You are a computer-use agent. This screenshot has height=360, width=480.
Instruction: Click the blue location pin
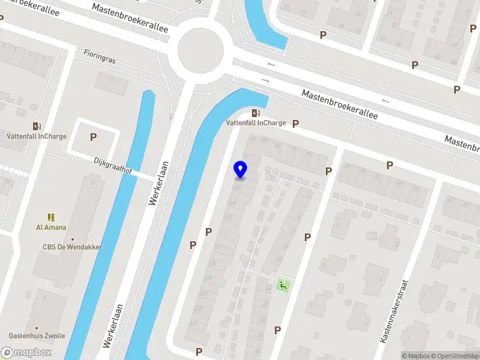(x=240, y=170)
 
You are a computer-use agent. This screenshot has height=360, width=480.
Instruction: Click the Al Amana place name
(x=51, y=227)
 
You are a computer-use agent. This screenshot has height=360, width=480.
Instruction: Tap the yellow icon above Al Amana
(x=51, y=217)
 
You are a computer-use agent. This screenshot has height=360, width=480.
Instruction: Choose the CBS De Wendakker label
(x=72, y=247)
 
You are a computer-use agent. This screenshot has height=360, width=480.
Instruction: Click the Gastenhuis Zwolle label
(x=37, y=336)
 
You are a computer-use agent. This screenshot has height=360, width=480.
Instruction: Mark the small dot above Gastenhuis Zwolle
(x=37, y=328)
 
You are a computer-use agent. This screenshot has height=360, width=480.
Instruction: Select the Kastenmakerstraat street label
(x=394, y=311)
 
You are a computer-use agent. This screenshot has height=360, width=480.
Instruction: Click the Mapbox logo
(x=26, y=353)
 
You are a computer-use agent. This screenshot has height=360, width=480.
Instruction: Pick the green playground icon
(x=282, y=286)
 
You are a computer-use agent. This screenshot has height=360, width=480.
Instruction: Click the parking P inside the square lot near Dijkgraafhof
(x=93, y=137)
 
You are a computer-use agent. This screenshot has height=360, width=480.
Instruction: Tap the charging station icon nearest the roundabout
(x=256, y=113)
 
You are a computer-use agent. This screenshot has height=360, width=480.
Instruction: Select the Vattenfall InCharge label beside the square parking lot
(x=37, y=136)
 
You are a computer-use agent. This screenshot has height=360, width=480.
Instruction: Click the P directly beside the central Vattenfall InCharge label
(x=295, y=124)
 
